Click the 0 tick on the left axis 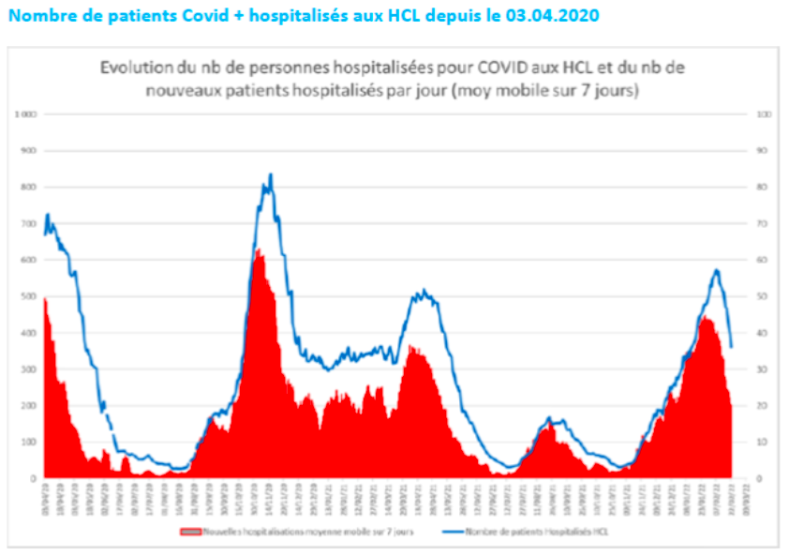point(32,478)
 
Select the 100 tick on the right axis point(765,114)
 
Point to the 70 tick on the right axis point(763,223)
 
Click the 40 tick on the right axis point(763,333)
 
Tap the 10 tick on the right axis point(763,442)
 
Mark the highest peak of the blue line point(271,173)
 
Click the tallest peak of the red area point(258,248)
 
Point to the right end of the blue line point(732,347)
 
